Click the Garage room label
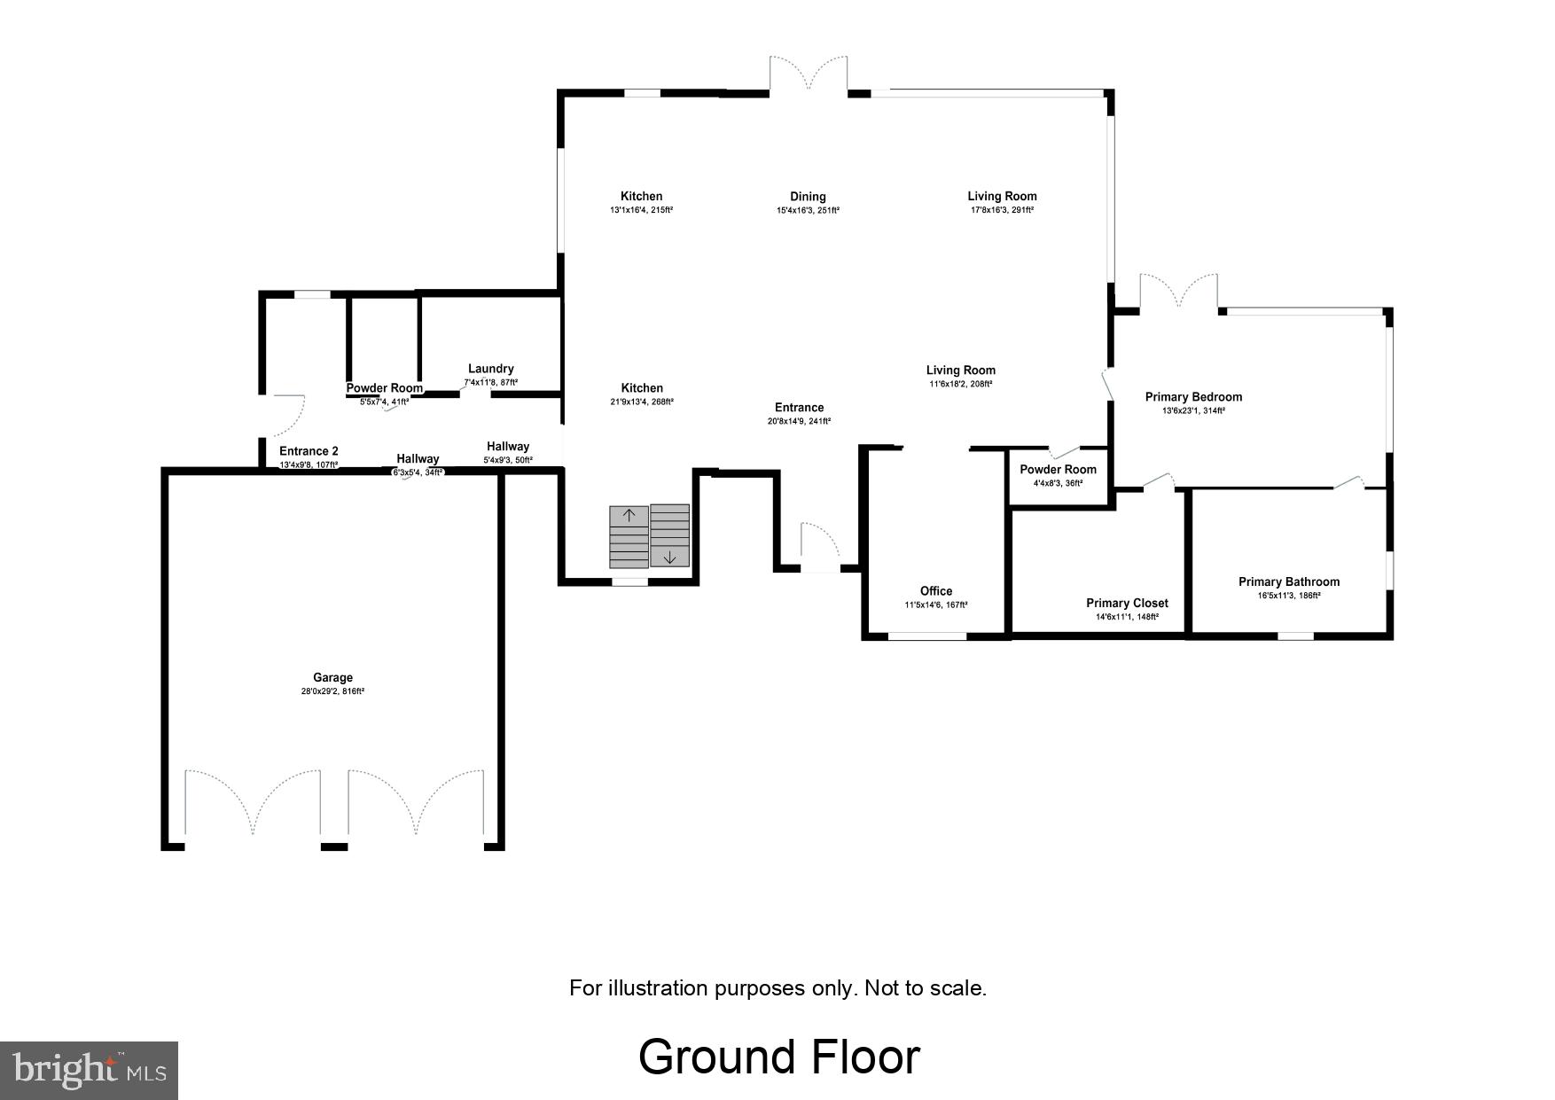click(332, 678)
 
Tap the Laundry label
click(490, 369)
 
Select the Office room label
click(936, 591)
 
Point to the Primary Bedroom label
click(1193, 397)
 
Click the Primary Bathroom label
click(1288, 582)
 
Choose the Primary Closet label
click(1127, 604)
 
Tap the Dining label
click(808, 197)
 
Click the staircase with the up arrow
click(629, 536)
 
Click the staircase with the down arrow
click(669, 536)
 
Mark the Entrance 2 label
click(309, 451)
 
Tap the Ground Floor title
click(778, 1057)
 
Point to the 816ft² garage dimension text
click(332, 691)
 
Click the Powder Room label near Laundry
click(384, 388)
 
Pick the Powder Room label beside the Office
click(1058, 470)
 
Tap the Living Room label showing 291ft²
click(1002, 197)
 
